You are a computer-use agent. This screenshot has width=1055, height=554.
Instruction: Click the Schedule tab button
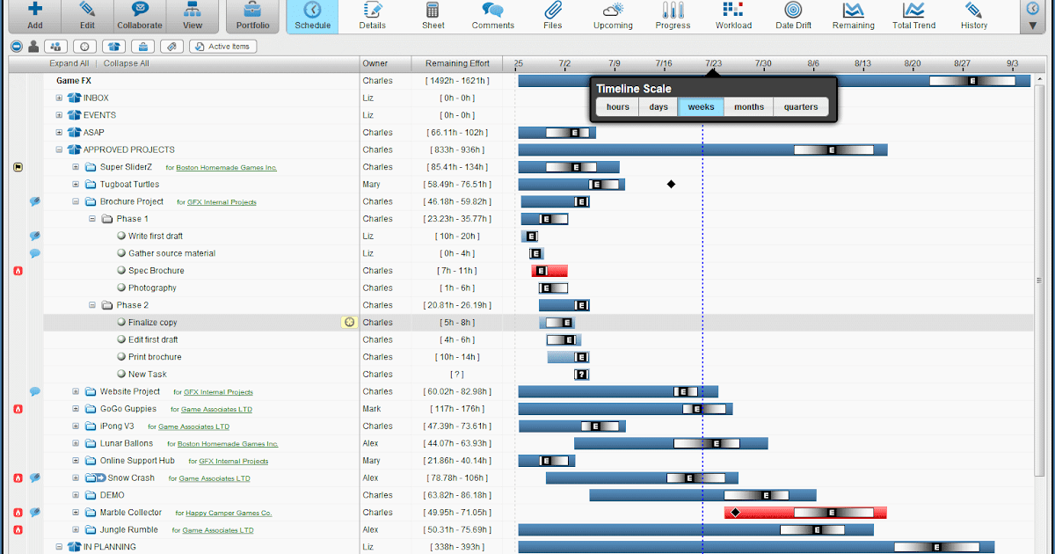[313, 17]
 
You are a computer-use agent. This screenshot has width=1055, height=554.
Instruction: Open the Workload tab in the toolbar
[733, 17]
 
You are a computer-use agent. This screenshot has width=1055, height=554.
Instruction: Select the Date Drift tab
[793, 17]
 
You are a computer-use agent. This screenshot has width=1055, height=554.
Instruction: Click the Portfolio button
[252, 17]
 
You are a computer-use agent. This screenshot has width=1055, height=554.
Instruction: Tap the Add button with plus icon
[34, 17]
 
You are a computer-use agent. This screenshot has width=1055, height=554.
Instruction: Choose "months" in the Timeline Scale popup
[749, 107]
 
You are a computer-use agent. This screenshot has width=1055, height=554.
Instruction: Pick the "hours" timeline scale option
[618, 107]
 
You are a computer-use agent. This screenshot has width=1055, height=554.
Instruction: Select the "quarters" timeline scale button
[801, 107]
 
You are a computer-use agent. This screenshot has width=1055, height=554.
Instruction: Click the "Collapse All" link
[126, 63]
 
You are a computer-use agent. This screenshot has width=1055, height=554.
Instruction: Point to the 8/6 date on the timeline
[813, 63]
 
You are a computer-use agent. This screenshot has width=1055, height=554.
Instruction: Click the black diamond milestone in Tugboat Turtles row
[671, 184]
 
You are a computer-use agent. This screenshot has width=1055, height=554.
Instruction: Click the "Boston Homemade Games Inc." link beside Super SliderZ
[226, 167]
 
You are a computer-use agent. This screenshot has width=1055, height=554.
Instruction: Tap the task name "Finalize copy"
[152, 323]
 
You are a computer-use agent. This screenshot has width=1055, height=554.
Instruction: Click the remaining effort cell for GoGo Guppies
[457, 409]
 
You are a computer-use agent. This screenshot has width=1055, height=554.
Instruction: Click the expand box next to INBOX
[60, 98]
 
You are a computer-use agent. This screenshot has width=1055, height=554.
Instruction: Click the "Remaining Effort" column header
[457, 63]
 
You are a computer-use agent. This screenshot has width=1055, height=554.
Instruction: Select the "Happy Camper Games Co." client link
[228, 513]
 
